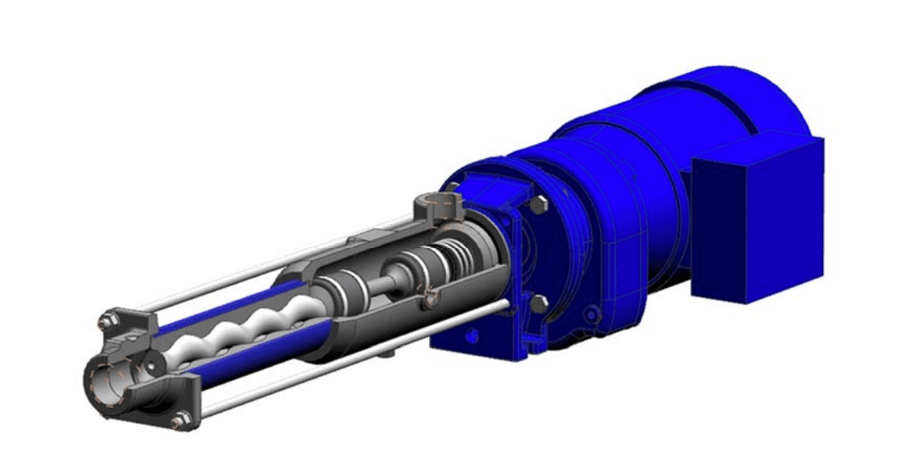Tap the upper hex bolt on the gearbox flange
click(538, 206)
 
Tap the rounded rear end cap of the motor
click(779, 105)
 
